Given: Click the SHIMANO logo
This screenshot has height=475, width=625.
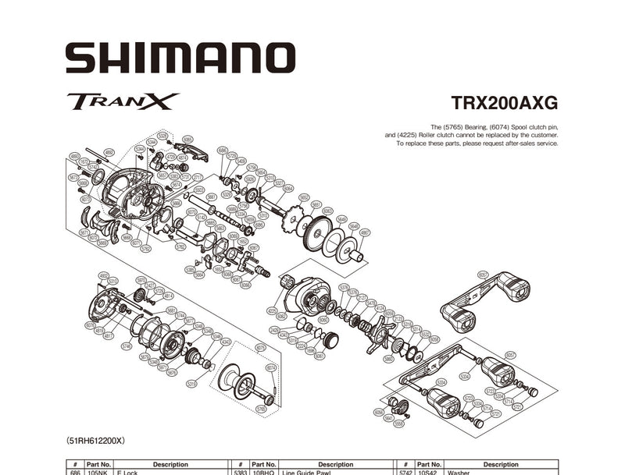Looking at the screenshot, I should point(180,58).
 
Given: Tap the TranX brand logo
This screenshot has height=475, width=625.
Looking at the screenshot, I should point(123,101).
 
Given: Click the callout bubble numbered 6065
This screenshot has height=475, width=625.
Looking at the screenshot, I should point(187,139).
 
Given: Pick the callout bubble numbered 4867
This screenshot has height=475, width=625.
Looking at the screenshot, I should point(365,232).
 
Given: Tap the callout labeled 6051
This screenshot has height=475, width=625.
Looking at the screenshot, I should point(482,274).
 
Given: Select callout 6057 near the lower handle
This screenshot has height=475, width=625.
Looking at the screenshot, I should point(510,355).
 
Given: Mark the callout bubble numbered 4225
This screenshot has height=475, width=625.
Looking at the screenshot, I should point(272,310).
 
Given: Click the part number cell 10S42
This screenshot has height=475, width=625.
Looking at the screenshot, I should point(427,471).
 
